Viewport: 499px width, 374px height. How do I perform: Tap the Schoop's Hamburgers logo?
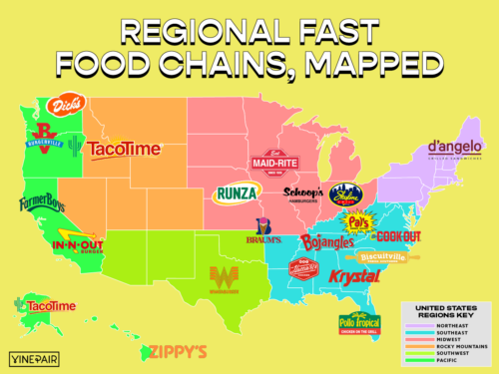pos(303,193)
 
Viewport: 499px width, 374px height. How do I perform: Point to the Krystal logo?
pos(352,275)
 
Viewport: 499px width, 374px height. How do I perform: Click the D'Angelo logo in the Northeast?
pos(455,149)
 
